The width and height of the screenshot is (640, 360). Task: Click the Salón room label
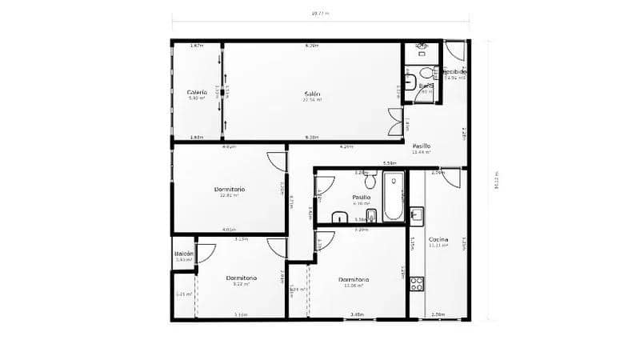tap(312, 94)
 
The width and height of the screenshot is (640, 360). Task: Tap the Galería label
tap(197, 93)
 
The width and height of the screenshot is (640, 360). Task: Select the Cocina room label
tap(438, 240)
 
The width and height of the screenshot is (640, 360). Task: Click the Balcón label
tap(184, 254)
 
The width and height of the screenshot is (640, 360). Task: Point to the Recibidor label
tap(455, 72)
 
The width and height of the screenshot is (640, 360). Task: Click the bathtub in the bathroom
tap(393, 195)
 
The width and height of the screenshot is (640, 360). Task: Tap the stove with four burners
tap(416, 282)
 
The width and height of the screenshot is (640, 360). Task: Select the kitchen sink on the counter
tap(416, 214)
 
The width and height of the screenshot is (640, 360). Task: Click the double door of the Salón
tap(394, 122)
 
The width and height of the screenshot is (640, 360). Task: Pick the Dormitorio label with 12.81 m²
tap(230, 190)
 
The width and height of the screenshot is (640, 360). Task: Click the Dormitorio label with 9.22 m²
tap(240, 278)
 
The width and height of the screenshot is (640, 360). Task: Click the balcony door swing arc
tap(205, 253)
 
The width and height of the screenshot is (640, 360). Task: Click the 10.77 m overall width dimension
tap(320, 14)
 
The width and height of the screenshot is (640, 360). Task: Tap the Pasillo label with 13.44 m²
tap(422, 147)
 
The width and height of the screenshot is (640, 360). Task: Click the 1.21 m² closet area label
tap(184, 294)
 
